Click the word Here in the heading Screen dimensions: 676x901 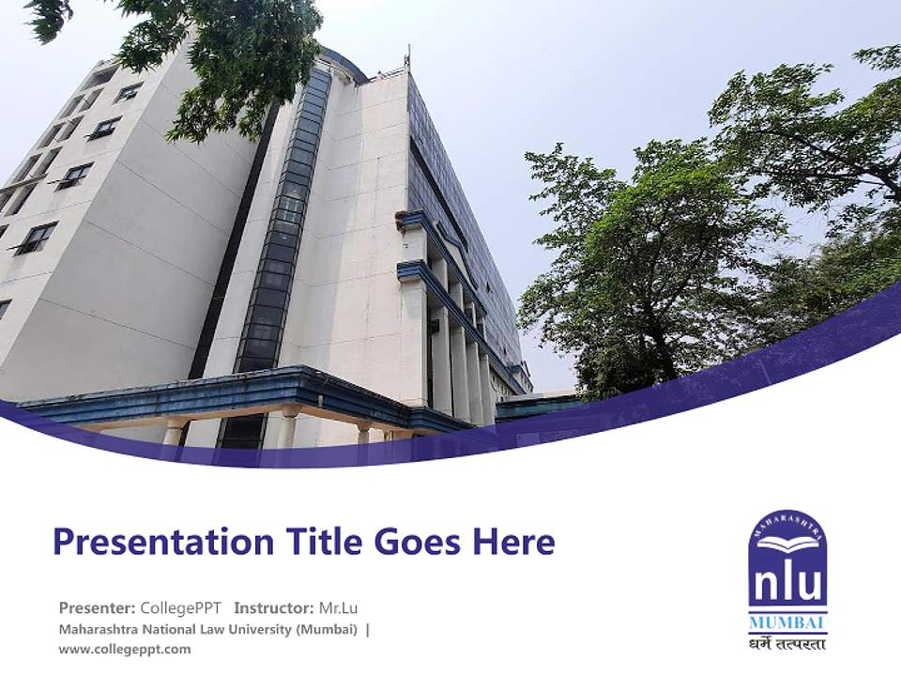515,542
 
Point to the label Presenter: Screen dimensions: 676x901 98,607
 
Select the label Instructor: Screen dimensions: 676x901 273,607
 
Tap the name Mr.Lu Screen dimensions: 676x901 339,607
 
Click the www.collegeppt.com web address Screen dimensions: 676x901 125,649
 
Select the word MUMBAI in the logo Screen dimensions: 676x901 787,623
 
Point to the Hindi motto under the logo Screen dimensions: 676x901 787,643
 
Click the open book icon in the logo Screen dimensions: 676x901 787,543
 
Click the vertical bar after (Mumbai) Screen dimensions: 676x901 368,629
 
